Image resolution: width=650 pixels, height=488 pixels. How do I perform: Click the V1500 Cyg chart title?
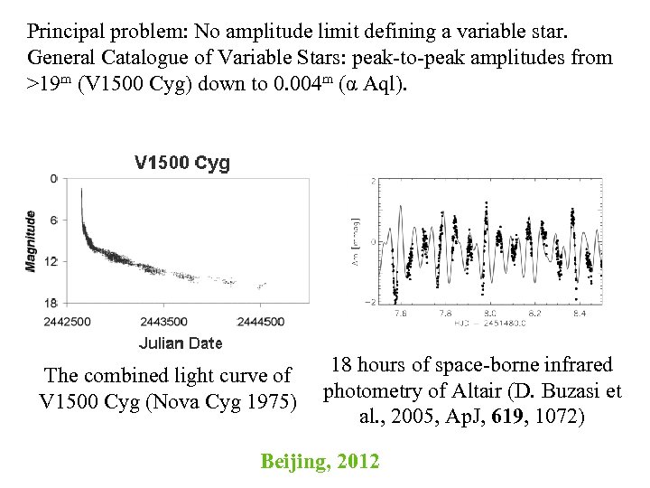(181, 164)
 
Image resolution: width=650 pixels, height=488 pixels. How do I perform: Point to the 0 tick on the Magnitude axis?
(53, 179)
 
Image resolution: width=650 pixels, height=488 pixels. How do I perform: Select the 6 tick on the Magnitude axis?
(53, 221)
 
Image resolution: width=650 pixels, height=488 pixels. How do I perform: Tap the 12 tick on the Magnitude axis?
(51, 261)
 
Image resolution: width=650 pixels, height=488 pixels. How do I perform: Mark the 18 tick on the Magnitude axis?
(51, 303)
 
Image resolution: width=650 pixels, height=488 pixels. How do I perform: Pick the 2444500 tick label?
(262, 322)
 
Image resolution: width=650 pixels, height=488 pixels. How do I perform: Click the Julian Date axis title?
(181, 343)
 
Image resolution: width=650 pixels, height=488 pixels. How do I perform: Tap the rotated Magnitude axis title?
(30, 240)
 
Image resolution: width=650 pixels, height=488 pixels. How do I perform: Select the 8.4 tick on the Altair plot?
(578, 314)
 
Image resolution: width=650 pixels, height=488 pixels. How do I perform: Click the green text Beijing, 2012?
(320, 462)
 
